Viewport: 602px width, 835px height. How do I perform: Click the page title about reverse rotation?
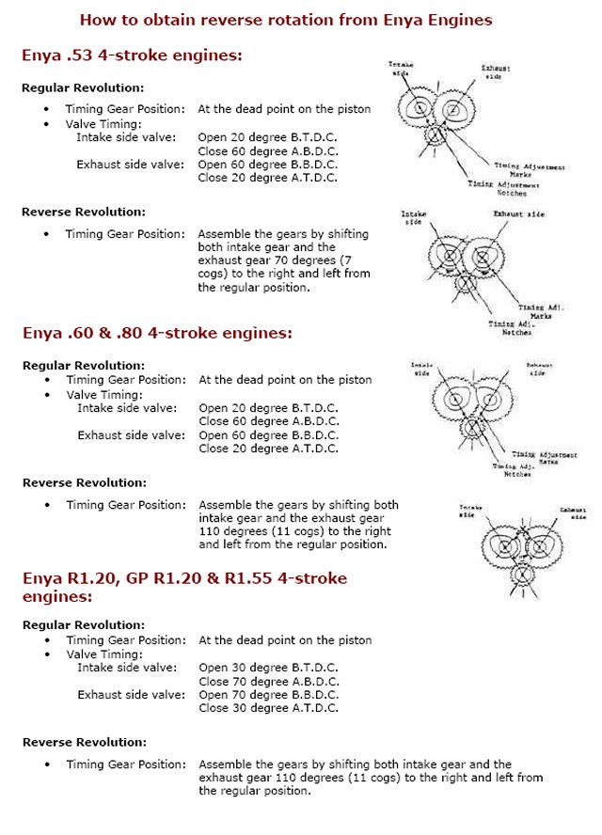286,19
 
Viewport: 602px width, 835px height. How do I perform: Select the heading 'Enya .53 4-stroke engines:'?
133,55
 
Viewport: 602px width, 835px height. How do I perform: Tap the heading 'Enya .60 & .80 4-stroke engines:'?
158,332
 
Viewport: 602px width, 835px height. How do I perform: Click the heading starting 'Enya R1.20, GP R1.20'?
184,577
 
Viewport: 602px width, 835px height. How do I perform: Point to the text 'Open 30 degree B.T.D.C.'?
268,667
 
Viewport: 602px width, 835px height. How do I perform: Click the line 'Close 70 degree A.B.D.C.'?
269,681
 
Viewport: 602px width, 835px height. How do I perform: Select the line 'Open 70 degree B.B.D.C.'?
268,694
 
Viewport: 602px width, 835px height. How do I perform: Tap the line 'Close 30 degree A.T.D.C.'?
268,708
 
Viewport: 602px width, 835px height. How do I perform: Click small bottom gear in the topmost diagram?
436,135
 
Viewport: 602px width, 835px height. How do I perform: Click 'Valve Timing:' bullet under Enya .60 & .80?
103,394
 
